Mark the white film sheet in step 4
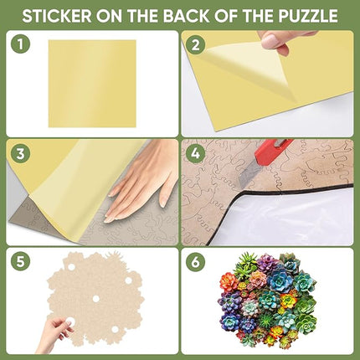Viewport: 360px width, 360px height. coord(310,213)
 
